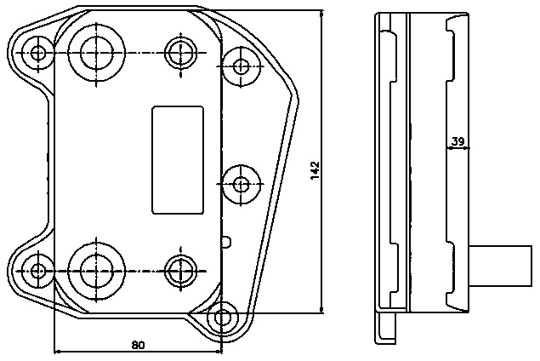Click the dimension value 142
click(x=315, y=170)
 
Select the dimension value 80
click(x=138, y=345)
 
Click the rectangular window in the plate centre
click(x=177, y=159)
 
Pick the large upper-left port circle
click(x=95, y=52)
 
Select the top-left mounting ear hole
click(x=37, y=54)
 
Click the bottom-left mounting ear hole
click(x=37, y=272)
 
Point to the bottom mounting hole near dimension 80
click(x=224, y=318)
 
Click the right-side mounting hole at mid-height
click(x=241, y=183)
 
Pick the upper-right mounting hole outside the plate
click(x=242, y=64)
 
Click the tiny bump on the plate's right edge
click(x=225, y=241)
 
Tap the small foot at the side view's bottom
click(x=387, y=327)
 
